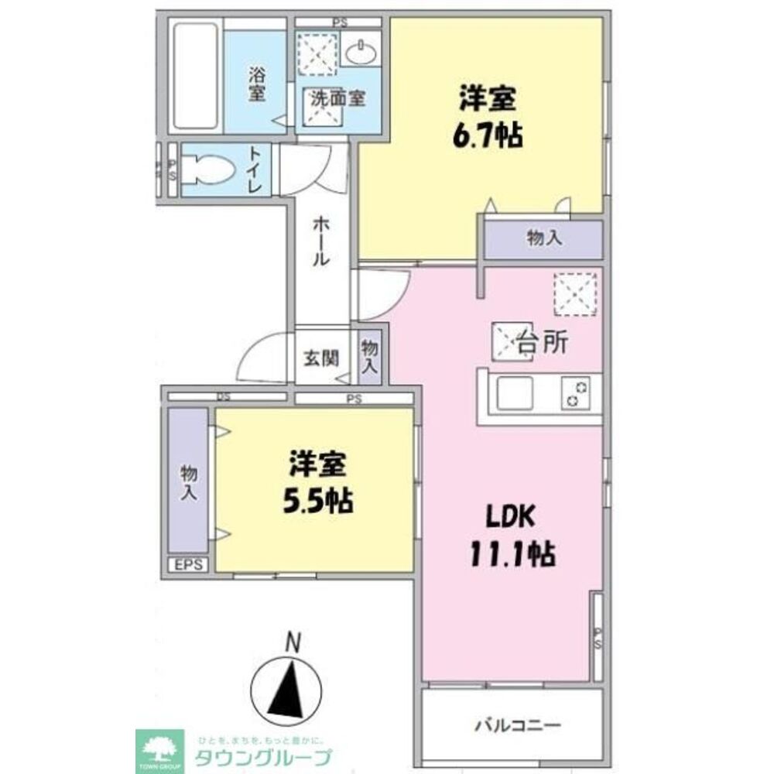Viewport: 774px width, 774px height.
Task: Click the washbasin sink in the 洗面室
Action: pyautogui.click(x=359, y=53)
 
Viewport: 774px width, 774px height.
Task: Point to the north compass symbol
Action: pyautogui.click(x=286, y=680)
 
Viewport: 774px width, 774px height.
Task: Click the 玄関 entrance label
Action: pyautogui.click(x=320, y=358)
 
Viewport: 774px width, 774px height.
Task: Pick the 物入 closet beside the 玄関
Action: pyautogui.click(x=369, y=356)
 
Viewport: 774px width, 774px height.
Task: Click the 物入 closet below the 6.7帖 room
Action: pyautogui.click(x=543, y=239)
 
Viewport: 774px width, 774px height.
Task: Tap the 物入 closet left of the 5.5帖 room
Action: pyautogui.click(x=188, y=481)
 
